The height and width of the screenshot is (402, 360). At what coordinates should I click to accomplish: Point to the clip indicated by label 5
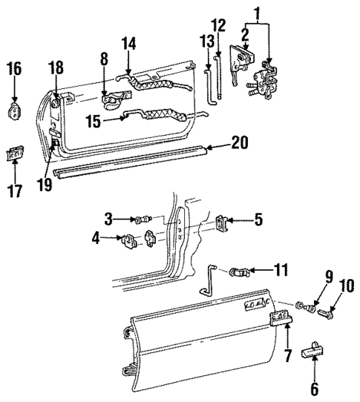coord(222,220)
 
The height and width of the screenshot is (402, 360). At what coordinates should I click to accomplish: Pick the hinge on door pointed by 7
coord(281,319)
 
